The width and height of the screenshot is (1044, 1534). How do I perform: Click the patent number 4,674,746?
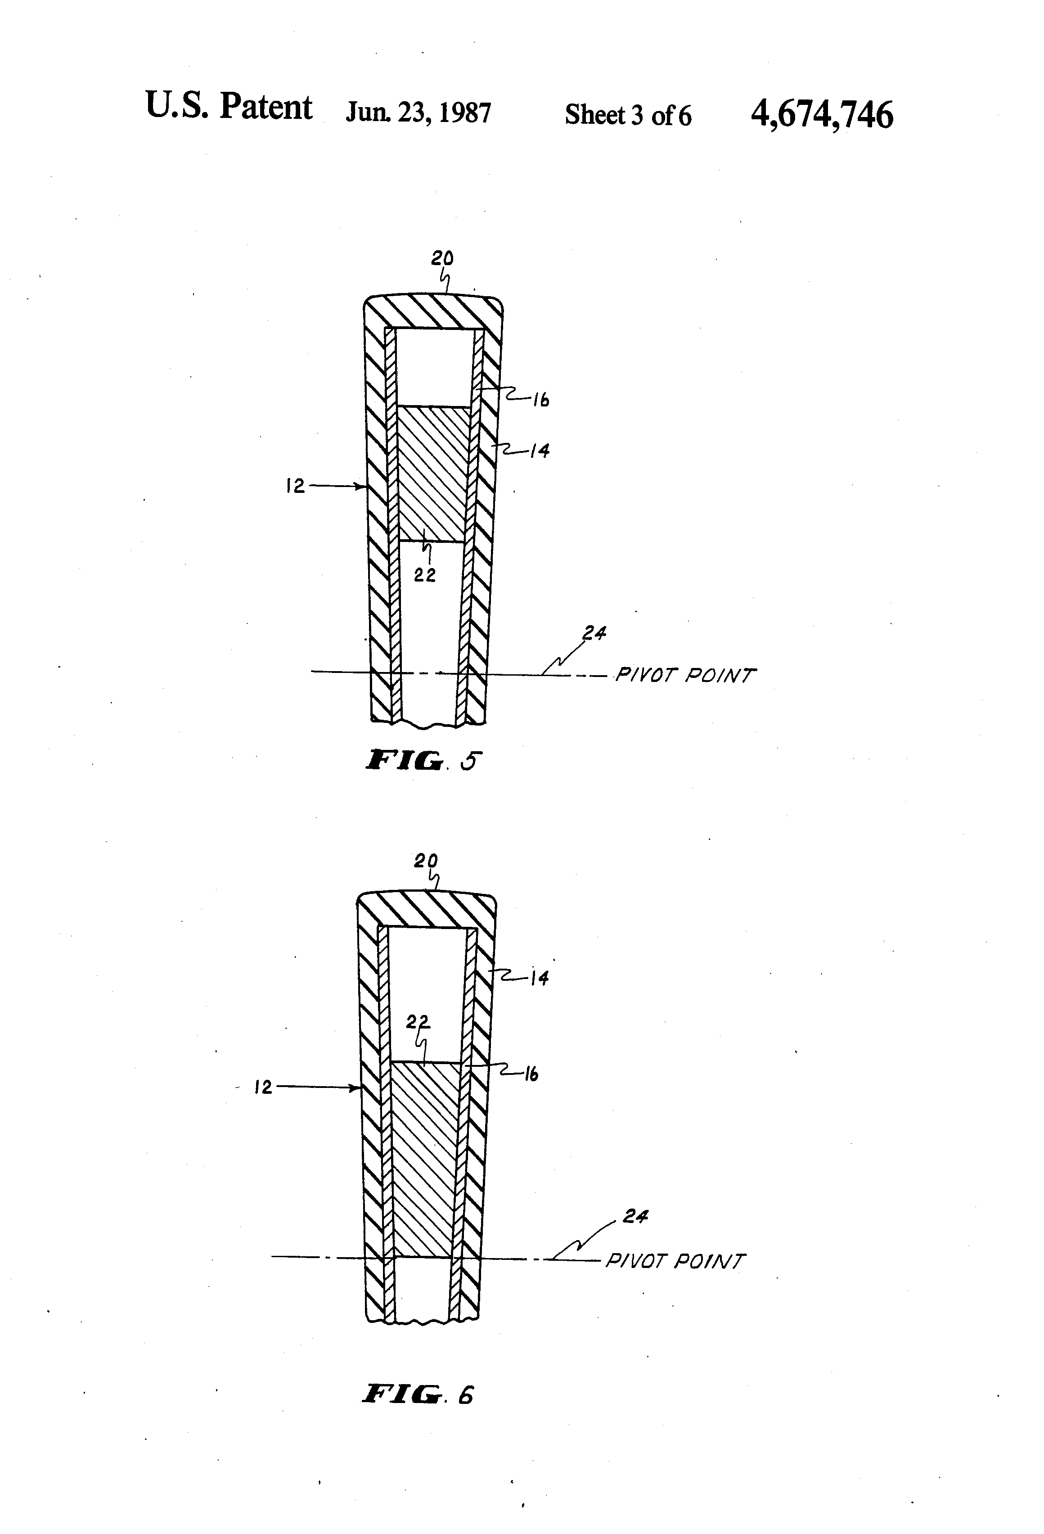[822, 115]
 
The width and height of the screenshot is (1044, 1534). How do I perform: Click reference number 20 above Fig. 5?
[442, 259]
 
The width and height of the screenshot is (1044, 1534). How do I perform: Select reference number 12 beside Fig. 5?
[295, 487]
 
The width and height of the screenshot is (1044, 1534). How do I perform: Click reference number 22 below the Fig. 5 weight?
[425, 576]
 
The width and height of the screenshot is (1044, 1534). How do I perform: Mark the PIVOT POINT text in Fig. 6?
[675, 1261]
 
